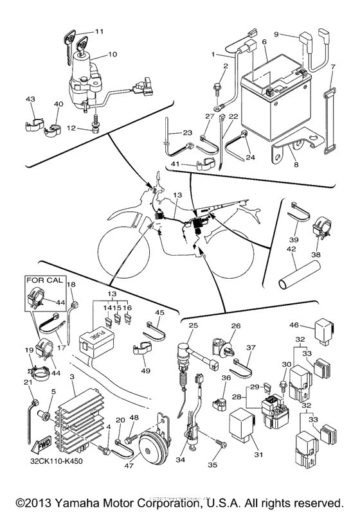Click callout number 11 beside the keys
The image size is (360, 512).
coord(99,31)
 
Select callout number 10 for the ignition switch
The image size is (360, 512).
coord(112,54)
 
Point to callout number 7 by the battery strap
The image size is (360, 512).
coord(332,67)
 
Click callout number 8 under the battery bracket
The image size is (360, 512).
coord(296,164)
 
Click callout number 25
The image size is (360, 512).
coord(192,326)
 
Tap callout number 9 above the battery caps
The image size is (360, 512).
coord(277,33)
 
